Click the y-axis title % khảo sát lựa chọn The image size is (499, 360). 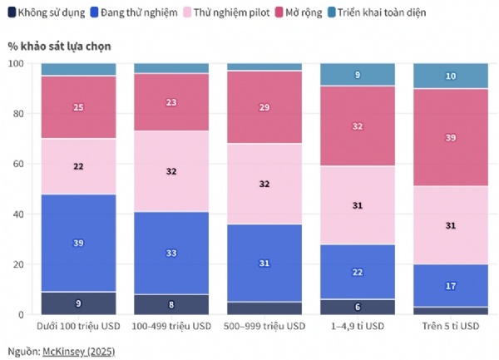tap(59, 45)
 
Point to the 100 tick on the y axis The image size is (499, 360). tap(16, 63)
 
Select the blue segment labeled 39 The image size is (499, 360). tap(78, 243)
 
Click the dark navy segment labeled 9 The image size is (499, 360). tap(78, 303)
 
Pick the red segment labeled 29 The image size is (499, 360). tap(264, 108)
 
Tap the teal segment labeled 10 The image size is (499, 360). tap(451, 76)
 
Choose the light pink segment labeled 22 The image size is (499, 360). tap(78, 166)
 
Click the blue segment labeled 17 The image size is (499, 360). tap(451, 286)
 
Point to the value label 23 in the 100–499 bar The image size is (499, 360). tap(171, 102)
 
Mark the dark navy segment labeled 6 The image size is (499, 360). tap(358, 307)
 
